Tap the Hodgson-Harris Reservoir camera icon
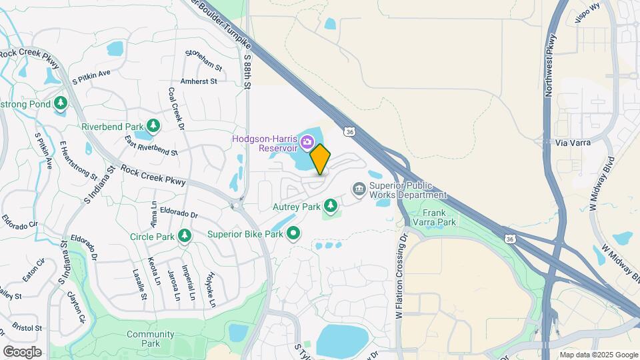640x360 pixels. (307, 141)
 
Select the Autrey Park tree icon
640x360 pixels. (330, 203)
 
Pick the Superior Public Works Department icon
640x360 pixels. (359, 190)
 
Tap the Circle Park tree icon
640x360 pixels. (185, 235)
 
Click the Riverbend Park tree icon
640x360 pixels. (154, 126)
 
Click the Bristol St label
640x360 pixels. (28, 328)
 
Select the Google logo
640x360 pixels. (22, 351)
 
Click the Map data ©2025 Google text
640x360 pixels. (599, 355)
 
